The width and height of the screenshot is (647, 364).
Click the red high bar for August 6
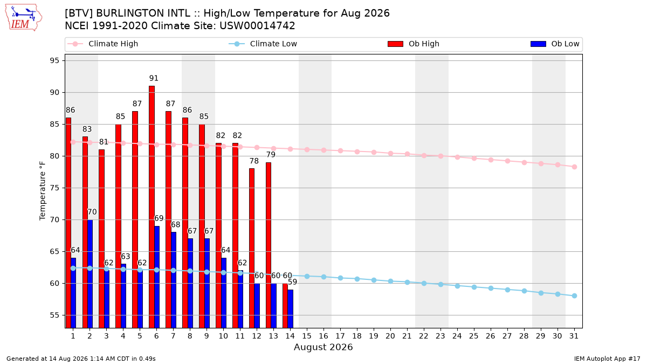pyautogui.click(x=152, y=207)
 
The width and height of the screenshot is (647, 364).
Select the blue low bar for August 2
pyautogui.click(x=90, y=274)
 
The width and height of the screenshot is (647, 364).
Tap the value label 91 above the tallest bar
pyautogui.click(x=154, y=78)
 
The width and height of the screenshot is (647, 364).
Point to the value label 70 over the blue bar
pyautogui.click(x=92, y=212)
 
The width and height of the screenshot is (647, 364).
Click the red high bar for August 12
pyautogui.click(x=252, y=248)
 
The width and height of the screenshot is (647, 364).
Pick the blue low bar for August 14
pyautogui.click(x=290, y=309)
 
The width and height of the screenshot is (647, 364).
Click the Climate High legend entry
pyautogui.click(x=103, y=44)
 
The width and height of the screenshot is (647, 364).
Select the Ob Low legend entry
pyautogui.click(x=555, y=44)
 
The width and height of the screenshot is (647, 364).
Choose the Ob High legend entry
pyautogui.click(x=414, y=44)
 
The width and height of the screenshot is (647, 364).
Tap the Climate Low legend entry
pyautogui.click(x=263, y=44)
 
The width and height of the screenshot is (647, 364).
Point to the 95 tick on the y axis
pyautogui.click(x=54, y=60)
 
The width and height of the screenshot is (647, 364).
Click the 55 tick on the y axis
pyautogui.click(x=54, y=315)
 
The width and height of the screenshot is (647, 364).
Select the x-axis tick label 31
pyautogui.click(x=574, y=336)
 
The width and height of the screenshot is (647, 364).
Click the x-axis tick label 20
pyautogui.click(x=390, y=336)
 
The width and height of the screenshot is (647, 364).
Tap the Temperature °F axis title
pyautogui.click(x=43, y=191)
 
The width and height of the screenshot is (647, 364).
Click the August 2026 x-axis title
pyautogui.click(x=323, y=347)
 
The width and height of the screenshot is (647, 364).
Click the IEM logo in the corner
pyautogui.click(x=24, y=18)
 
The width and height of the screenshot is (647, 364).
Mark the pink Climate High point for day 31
pyautogui.click(x=574, y=167)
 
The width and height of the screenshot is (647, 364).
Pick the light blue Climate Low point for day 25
pyautogui.click(x=474, y=287)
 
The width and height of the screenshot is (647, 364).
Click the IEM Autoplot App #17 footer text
pyautogui.click(x=607, y=359)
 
